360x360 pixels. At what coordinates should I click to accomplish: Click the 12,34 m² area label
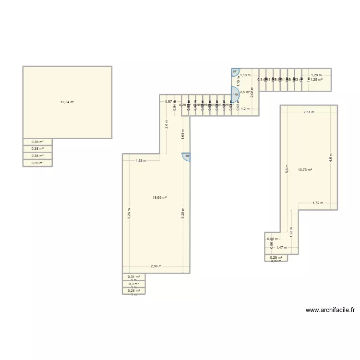tap(67, 102)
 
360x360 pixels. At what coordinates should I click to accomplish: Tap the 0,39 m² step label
tap(37, 163)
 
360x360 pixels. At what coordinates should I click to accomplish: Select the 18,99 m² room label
tap(159, 198)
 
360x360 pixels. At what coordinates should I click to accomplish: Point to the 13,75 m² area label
tap(305, 170)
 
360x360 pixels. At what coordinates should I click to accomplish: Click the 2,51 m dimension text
tap(309, 112)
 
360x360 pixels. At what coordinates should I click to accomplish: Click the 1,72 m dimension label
tap(318, 203)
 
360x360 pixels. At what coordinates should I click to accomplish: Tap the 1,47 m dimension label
tap(281, 248)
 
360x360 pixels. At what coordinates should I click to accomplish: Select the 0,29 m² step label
tap(276, 257)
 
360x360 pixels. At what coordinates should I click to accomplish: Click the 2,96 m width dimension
tap(156, 266)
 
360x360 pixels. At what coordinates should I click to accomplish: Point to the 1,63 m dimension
tap(141, 161)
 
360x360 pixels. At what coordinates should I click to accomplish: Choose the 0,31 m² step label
tap(133, 277)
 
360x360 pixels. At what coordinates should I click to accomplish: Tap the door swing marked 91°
tap(235, 72)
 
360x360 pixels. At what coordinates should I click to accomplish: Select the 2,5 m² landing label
tap(245, 92)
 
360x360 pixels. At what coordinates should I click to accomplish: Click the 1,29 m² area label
tap(316, 79)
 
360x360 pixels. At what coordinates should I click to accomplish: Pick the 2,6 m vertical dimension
tap(167, 126)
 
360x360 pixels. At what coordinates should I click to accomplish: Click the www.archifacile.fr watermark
tap(330, 310)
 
